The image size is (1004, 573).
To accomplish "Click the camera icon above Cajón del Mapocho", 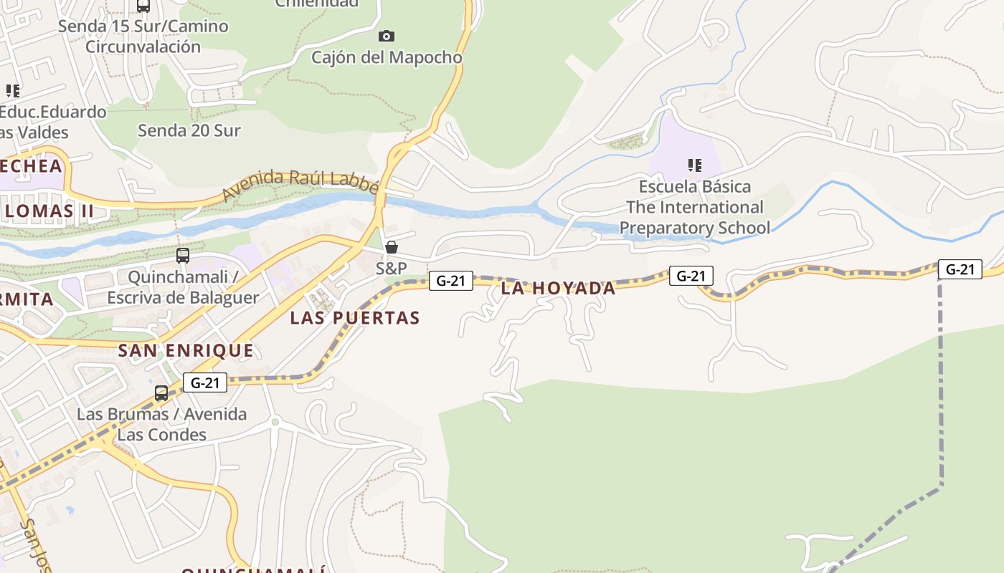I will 387,36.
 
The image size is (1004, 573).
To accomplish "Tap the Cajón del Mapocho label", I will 387,57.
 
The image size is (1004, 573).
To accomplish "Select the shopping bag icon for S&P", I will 392,248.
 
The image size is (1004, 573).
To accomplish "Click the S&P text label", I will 392,269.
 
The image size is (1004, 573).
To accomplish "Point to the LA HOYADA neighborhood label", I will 558,288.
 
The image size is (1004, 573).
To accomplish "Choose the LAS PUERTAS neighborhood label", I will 354,317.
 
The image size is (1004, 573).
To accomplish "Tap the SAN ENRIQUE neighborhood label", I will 186,350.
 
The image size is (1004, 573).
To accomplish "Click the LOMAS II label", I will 49,211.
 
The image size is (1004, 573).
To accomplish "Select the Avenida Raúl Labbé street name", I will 300,184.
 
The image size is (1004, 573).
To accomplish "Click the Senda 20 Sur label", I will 189,130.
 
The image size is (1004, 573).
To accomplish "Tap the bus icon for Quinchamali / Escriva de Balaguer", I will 183,255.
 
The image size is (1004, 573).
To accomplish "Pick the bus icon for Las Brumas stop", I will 161,393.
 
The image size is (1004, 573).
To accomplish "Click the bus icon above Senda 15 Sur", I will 143,6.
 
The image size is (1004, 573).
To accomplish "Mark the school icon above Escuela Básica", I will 694,166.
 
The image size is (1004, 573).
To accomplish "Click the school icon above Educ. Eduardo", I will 13,91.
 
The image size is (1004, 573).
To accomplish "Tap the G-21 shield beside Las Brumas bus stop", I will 205,382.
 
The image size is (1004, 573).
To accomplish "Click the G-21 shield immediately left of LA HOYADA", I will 451,280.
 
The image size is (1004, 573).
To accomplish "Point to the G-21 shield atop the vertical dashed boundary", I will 960,269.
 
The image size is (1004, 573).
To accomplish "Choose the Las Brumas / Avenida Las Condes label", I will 161,424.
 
